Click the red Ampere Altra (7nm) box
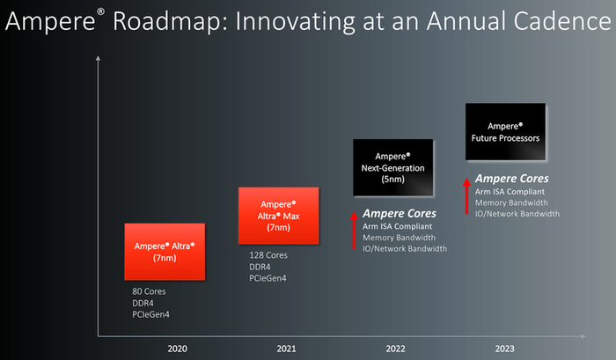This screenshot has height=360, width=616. click(x=165, y=252)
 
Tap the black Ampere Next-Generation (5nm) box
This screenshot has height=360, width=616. click(x=392, y=166)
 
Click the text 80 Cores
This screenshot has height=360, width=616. click(x=150, y=291)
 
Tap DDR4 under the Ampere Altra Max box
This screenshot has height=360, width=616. click(x=261, y=267)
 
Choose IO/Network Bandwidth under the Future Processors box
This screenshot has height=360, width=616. click(x=516, y=214)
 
